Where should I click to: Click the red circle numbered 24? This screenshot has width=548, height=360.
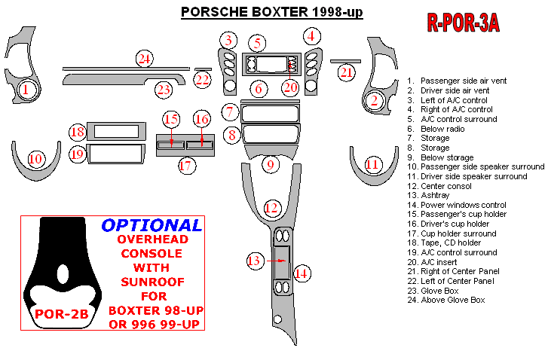click(x=144, y=58)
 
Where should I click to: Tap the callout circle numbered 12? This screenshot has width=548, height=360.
click(x=272, y=207)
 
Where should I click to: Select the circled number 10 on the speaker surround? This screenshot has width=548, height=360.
click(x=35, y=159)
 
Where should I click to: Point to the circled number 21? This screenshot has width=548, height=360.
click(x=346, y=72)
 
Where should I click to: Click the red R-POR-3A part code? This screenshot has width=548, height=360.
click(x=463, y=23)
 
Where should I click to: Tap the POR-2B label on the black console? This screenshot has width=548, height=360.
click(x=58, y=314)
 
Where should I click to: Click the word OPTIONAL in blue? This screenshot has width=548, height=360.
click(x=152, y=225)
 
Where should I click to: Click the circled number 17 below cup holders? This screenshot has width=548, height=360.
click(x=186, y=166)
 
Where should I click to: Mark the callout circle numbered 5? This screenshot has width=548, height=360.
click(x=258, y=43)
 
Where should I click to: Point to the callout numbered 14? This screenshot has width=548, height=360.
click(x=302, y=273)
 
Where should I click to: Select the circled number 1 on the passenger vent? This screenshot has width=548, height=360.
click(x=26, y=91)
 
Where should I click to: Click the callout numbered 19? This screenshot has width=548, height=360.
click(x=77, y=155)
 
